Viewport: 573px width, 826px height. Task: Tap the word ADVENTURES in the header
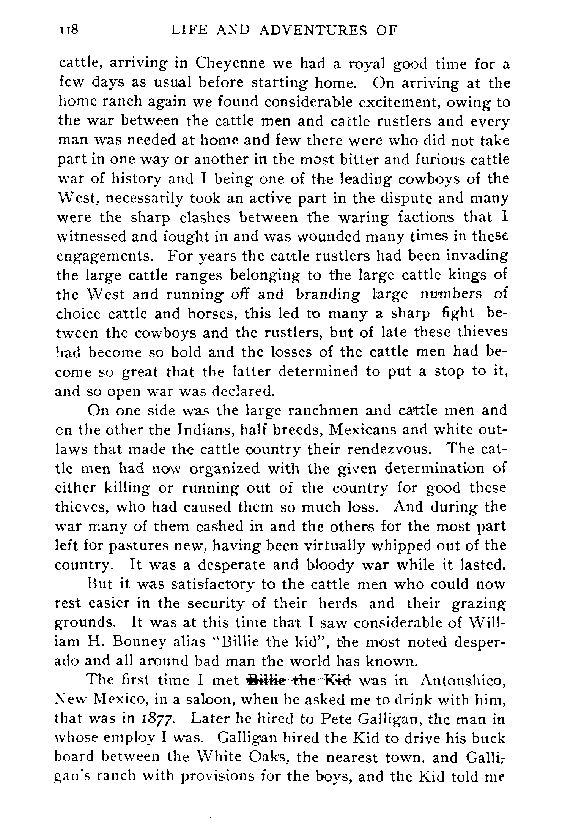point(313,30)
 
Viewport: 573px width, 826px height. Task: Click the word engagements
point(104,256)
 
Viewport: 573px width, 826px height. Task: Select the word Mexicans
point(359,430)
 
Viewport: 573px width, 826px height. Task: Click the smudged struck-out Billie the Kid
point(299,681)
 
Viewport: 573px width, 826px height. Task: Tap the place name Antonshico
point(463,681)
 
